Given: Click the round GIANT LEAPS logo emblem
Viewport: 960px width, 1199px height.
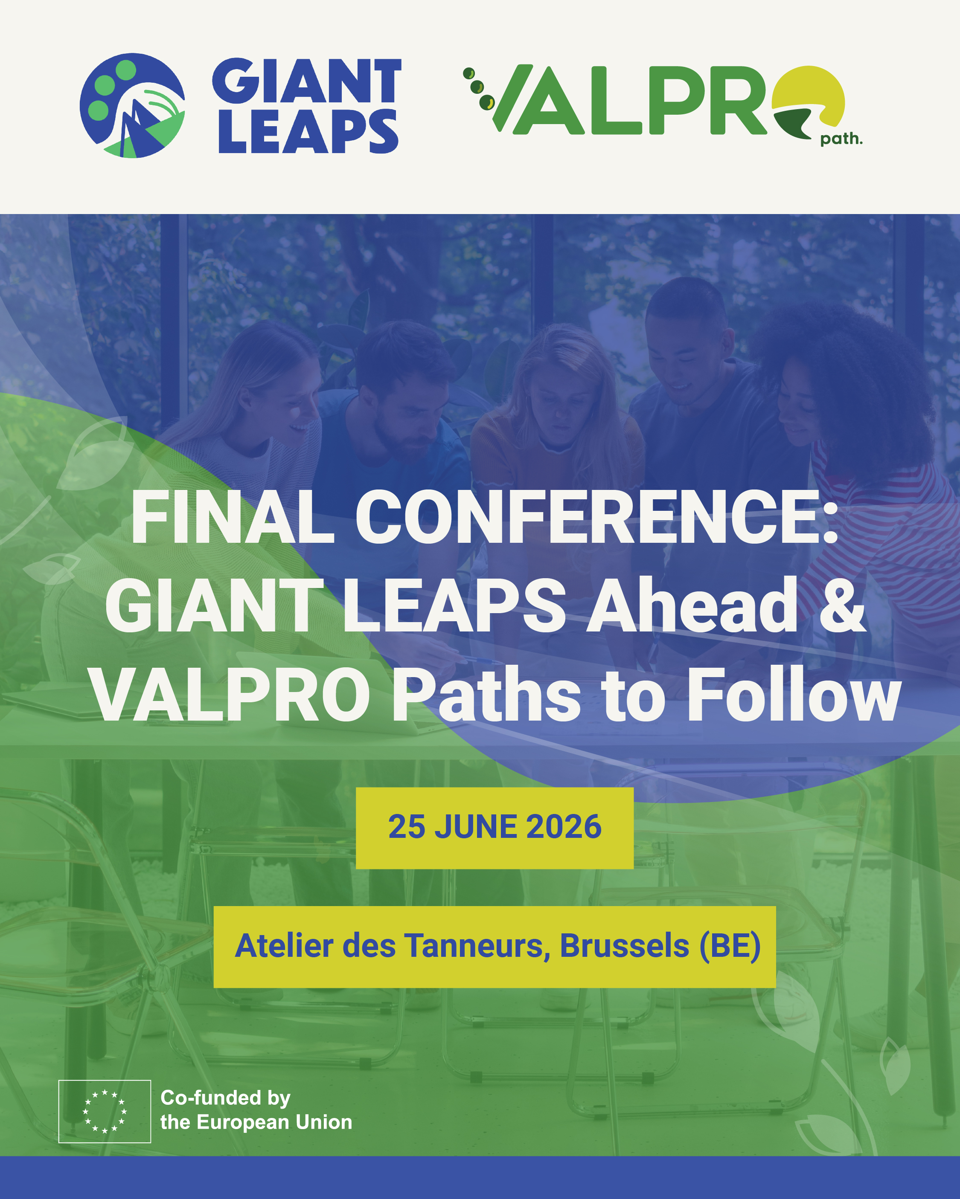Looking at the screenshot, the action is click(132, 106).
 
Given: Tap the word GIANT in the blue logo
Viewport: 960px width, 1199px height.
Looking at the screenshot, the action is click(307, 81).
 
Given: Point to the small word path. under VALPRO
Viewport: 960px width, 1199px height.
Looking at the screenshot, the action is click(841, 139).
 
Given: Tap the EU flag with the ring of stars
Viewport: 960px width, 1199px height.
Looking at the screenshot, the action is click(105, 1111).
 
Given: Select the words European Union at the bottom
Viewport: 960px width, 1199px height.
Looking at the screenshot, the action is click(274, 1122).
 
